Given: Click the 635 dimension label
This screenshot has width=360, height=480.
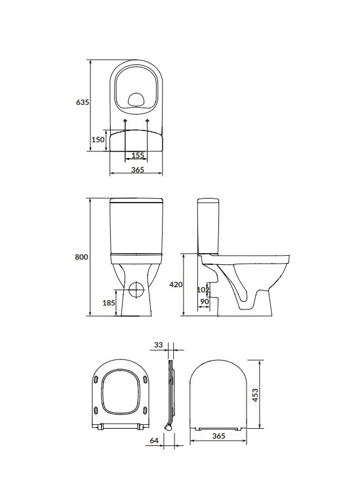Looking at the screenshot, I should coord(82,103).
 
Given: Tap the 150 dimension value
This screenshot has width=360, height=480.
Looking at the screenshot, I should coord(98,140).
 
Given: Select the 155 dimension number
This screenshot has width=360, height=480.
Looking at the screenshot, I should coord(138,155).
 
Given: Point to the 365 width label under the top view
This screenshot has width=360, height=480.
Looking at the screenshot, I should coord(137,170).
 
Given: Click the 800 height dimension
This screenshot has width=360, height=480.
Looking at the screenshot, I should coord(81,257).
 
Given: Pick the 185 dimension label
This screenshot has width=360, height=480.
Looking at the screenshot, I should coord(109,303).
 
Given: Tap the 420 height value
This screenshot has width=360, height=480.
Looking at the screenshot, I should coord(175,285).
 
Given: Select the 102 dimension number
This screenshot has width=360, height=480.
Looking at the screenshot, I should coord(203,290).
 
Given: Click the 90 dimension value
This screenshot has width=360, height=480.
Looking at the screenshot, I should coord(203,302).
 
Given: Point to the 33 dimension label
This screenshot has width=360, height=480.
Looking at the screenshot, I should coord(158,344).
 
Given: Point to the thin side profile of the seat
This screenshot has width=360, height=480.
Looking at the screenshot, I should coord(170,393).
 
